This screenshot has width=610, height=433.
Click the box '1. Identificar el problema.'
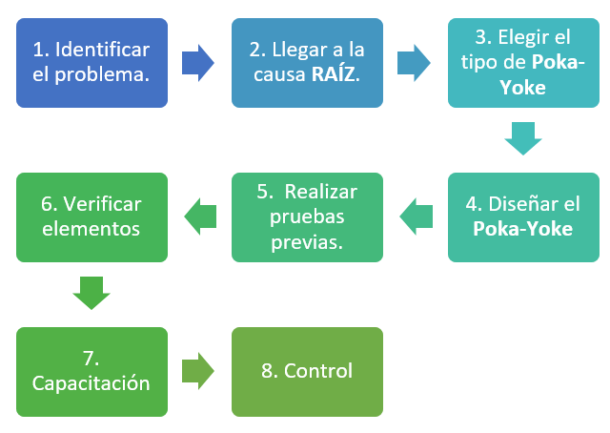[91, 62]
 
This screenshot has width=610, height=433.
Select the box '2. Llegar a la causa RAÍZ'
[307, 62]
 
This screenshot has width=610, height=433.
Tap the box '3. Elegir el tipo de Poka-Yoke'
[523, 62]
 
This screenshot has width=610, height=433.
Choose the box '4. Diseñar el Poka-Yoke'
[523, 216]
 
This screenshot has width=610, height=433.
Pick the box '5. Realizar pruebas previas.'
[307, 216]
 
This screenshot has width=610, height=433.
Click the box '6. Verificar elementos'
[91, 216]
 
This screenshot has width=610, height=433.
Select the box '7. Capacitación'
[91, 372]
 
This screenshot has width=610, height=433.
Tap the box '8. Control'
[307, 372]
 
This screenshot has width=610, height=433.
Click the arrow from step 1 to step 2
[197, 62]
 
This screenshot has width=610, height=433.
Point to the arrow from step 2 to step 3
[414, 62]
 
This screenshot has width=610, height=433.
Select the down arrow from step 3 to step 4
[523, 138]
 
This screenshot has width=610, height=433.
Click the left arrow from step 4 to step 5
[416, 216]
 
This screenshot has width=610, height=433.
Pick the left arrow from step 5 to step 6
[199, 216]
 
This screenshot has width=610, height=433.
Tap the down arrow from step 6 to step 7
[91, 293]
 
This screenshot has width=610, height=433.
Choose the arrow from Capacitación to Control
[197, 372]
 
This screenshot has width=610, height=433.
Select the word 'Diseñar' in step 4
[519, 204]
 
